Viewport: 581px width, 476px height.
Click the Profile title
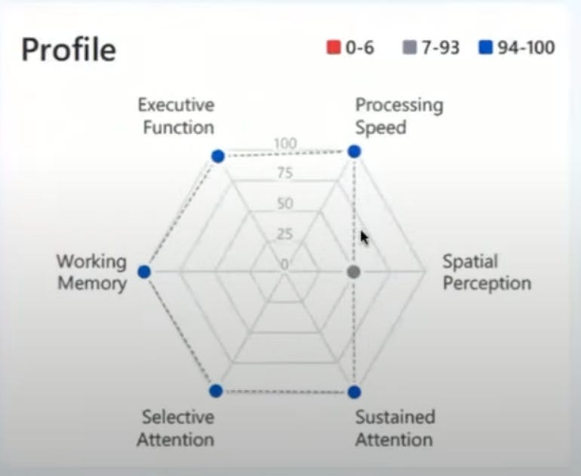[69, 50]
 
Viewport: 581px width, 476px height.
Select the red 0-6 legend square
[334, 47]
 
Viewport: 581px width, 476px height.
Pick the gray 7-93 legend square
[410, 47]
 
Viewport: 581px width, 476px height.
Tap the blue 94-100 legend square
[485, 47]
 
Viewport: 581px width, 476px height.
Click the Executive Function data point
[218, 156]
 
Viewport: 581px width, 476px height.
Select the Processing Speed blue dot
[355, 151]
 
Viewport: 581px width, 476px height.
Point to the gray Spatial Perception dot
[354, 272]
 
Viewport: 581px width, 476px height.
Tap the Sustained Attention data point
[355, 392]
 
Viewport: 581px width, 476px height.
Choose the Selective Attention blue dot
[216, 391]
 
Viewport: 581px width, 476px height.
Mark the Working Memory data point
[144, 271]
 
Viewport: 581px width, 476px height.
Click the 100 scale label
[285, 143]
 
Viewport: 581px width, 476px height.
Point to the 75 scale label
[285, 172]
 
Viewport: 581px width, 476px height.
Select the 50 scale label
[285, 203]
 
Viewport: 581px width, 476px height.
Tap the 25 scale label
[284, 233]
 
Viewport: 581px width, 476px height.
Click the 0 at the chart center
[284, 264]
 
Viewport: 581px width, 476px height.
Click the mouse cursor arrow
[364, 238]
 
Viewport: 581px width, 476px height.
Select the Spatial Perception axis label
[487, 273]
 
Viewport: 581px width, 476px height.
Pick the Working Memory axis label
[92, 273]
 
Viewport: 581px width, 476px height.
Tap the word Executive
[177, 105]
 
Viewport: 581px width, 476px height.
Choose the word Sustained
[395, 417]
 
